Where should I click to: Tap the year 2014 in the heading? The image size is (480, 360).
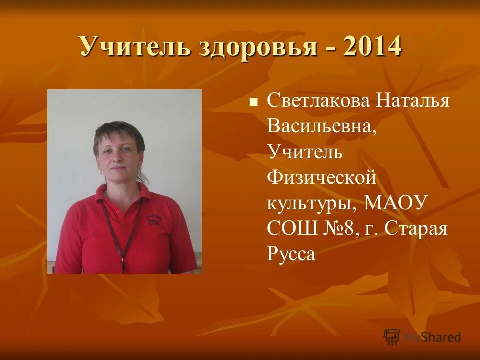pyautogui.click(x=372, y=47)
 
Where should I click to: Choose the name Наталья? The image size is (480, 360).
pyautogui.click(x=413, y=101)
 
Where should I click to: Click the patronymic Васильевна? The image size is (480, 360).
pyautogui.click(x=321, y=127)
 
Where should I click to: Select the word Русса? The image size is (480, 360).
pyautogui.click(x=291, y=255)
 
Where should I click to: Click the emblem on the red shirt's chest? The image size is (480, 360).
pyautogui.click(x=155, y=220)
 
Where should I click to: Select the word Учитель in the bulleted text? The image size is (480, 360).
pyautogui.click(x=305, y=152)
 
